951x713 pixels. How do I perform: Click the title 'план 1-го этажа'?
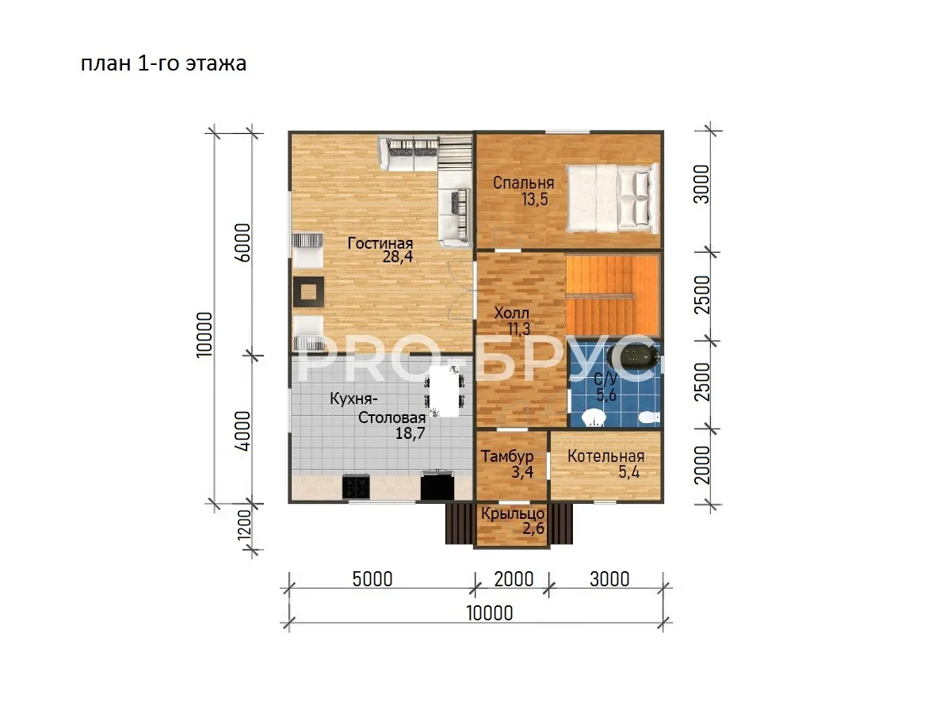pyautogui.click(x=164, y=63)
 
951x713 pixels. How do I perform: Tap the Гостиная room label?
pyautogui.click(x=380, y=243)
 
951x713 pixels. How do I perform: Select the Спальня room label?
pyautogui.click(x=523, y=183)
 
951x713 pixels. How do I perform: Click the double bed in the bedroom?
pyautogui.click(x=612, y=197)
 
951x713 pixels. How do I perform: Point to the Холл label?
pyautogui.click(x=512, y=313)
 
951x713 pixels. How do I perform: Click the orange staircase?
pyautogui.click(x=613, y=296)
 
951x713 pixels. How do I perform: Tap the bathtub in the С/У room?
pyautogui.click(x=633, y=356)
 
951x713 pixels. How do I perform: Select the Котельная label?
pyautogui.click(x=605, y=456)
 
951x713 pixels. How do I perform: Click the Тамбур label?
pyautogui.click(x=507, y=456)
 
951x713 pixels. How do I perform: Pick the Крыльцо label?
pyautogui.click(x=513, y=514)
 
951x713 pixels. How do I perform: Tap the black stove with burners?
pyautogui.click(x=356, y=486)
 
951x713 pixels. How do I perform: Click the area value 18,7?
pyautogui.click(x=410, y=433)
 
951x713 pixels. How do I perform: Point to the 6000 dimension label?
pyautogui.click(x=243, y=243)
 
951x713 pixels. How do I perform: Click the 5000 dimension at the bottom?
pyautogui.click(x=372, y=579)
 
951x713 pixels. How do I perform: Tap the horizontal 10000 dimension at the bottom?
pyautogui.click(x=489, y=613)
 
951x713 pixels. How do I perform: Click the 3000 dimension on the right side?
pyautogui.click(x=702, y=184)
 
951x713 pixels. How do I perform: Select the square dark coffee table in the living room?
pyautogui.click(x=308, y=292)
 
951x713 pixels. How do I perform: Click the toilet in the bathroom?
pyautogui.click(x=649, y=418)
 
